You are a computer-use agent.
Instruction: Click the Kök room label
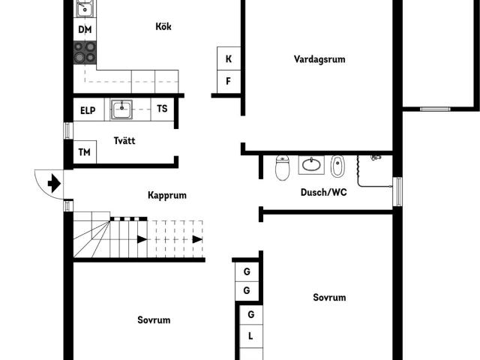(x=163, y=27)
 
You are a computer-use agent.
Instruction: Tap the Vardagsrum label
(x=320, y=59)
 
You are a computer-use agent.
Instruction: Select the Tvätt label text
(x=124, y=141)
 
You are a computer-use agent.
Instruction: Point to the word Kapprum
(x=166, y=195)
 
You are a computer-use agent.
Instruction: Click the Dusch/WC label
(x=323, y=192)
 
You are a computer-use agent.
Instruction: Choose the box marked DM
(x=85, y=31)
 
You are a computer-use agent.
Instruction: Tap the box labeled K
(x=228, y=58)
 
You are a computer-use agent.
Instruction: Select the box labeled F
(x=228, y=81)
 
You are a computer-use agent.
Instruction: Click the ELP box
(x=88, y=110)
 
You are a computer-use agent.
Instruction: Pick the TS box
(x=162, y=109)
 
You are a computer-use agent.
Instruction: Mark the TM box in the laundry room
(x=85, y=153)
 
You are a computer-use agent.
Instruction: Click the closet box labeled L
(x=250, y=336)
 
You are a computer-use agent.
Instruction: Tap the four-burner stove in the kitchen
(x=85, y=52)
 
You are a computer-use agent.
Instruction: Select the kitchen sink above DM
(x=85, y=9)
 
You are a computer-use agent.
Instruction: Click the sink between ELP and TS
(x=121, y=109)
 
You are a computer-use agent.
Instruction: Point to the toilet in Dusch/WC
(x=282, y=168)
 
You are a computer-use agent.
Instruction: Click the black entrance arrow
(x=53, y=182)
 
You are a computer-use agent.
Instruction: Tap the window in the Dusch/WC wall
(x=397, y=191)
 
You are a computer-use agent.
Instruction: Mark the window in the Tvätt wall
(x=68, y=130)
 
